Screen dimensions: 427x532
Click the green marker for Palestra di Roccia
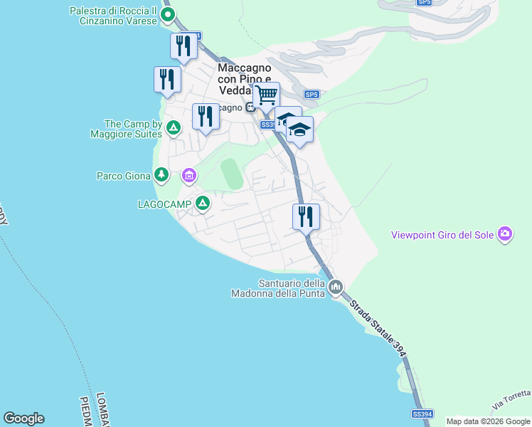167,14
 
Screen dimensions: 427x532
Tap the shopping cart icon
267,94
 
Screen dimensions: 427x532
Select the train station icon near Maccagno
250,108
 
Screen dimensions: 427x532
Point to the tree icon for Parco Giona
162,174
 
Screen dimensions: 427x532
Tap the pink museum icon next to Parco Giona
188,174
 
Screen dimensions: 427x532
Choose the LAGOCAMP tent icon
203,204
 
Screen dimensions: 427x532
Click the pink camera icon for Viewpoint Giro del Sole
505,233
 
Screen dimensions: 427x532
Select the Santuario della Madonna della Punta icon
336,288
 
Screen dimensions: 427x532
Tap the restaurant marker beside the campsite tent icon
206,115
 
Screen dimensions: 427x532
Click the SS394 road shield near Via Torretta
422,413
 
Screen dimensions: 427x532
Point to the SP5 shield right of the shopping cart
312,94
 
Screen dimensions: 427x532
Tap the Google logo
23,418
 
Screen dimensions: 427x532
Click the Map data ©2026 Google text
488,421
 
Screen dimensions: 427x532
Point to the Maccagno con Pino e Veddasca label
244,79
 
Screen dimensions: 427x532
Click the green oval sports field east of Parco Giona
231,174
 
